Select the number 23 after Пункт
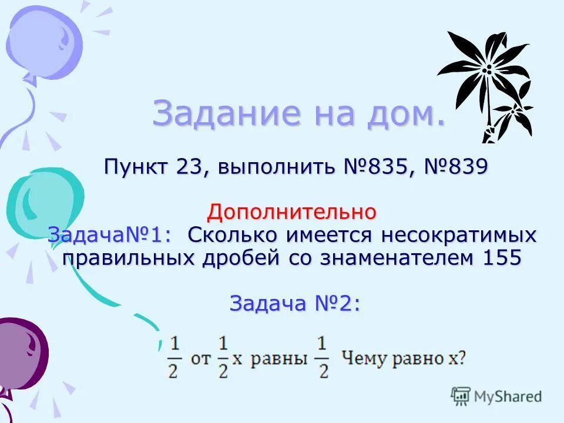point(188,167)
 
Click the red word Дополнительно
point(292,211)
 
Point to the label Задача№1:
point(110,235)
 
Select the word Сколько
point(233,235)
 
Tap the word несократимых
point(460,235)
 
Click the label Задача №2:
point(294,303)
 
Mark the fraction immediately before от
point(173,357)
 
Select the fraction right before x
point(223,357)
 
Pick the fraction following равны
point(323,357)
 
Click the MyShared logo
point(496,397)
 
